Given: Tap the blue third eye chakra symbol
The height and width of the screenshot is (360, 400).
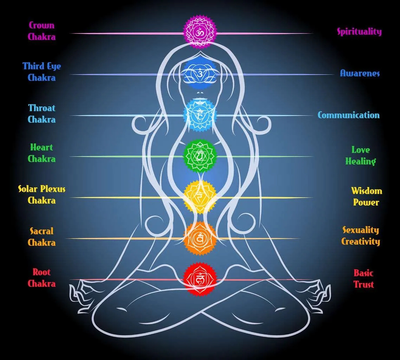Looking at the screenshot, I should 200,74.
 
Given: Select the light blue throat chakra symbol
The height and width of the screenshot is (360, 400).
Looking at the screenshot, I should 200,115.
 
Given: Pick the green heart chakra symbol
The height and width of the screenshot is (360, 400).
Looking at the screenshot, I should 200,156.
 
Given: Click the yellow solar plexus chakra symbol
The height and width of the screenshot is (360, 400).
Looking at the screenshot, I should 200,197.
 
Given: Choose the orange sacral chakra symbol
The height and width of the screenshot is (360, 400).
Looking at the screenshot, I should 200,238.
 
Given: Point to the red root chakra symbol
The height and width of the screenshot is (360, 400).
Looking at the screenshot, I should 200,279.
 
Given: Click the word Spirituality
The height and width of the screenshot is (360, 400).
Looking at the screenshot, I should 359,32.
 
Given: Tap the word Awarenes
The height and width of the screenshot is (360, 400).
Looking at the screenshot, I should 360,73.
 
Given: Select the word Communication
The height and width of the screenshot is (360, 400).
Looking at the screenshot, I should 348,115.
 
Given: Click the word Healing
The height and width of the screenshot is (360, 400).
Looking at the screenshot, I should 360,161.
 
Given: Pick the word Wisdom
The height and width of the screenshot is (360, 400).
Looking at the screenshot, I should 367,191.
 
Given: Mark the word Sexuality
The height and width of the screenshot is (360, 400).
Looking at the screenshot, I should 361,230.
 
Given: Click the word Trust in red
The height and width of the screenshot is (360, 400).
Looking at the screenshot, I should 363,284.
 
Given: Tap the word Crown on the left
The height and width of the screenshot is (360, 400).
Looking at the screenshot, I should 41,25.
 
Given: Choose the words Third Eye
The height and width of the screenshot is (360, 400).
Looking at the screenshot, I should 41,66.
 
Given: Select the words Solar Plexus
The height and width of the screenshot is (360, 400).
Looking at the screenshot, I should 41,189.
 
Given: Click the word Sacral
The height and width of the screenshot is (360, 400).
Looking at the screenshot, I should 41,231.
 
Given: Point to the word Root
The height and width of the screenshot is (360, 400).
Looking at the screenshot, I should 41,272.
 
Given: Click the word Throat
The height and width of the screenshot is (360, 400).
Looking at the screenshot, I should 41,108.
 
